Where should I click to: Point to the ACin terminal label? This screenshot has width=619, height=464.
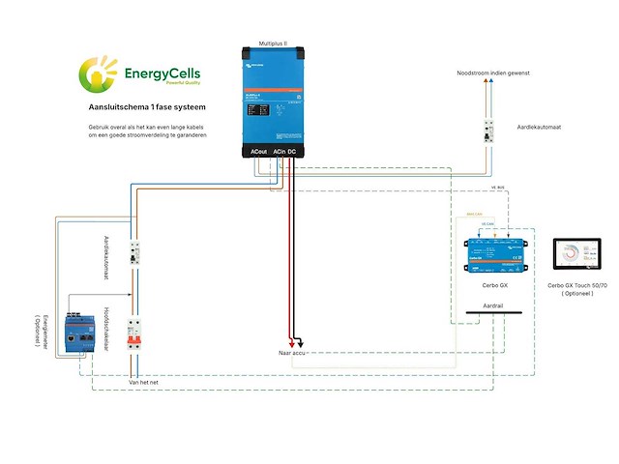point(278,152)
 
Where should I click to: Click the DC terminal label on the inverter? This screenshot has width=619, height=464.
point(292,152)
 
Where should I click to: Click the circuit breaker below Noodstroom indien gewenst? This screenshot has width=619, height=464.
point(491,132)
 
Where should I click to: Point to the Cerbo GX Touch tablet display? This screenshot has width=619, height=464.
point(572,256)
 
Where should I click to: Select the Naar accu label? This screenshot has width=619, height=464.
point(293,354)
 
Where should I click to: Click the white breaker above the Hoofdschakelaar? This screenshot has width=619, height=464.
point(137,256)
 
